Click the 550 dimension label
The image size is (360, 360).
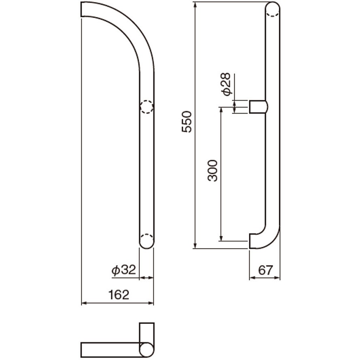click(x=186, y=122)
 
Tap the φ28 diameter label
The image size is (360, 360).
click(x=226, y=84)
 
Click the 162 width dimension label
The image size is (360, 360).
click(x=119, y=295)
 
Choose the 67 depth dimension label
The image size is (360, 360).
click(x=266, y=270)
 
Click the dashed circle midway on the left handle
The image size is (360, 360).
click(x=147, y=107)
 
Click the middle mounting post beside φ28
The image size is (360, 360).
click(x=259, y=107)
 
